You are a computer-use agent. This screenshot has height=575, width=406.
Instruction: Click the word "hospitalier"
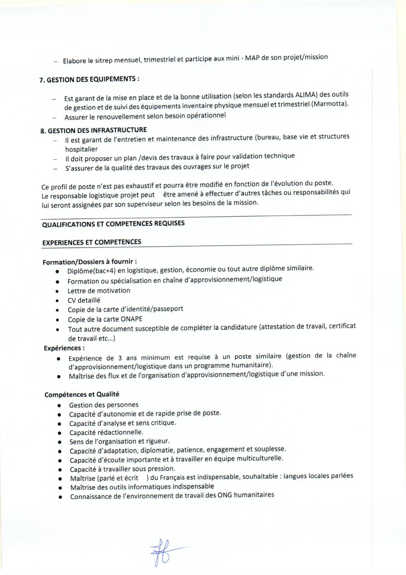(x=81, y=149)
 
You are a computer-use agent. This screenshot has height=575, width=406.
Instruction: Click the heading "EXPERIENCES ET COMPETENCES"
(x=92, y=242)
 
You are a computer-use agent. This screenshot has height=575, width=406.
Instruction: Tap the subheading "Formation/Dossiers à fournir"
(x=90, y=262)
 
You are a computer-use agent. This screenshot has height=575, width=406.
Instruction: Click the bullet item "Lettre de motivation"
(x=99, y=291)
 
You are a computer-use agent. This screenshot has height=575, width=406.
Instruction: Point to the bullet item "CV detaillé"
(x=84, y=300)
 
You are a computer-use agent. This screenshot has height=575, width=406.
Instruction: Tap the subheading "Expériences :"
(x=64, y=348)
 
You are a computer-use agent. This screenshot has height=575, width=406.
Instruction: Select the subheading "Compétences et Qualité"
(x=82, y=394)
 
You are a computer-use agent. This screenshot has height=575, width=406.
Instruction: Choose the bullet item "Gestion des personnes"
(x=104, y=405)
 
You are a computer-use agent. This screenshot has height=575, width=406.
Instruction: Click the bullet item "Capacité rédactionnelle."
(x=106, y=432)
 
